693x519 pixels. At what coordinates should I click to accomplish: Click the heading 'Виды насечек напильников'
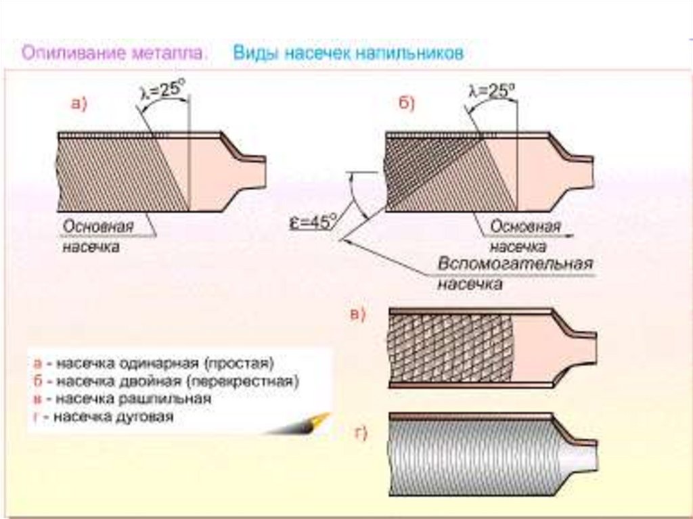pyautogui.click(x=349, y=53)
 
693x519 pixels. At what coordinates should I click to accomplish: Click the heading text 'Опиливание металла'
pyautogui.click(x=114, y=53)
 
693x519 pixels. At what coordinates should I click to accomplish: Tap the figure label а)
pyautogui.click(x=80, y=104)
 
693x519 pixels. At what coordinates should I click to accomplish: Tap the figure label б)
pyautogui.click(x=407, y=104)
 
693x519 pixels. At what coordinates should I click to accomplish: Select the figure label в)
pyautogui.click(x=358, y=315)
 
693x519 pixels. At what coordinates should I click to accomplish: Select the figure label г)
pyautogui.click(x=361, y=433)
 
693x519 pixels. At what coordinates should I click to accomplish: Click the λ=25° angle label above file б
pyautogui.click(x=492, y=91)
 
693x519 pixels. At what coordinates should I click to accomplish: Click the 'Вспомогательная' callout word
pyautogui.click(x=515, y=264)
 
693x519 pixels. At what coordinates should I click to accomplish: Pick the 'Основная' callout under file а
pyautogui.click(x=97, y=227)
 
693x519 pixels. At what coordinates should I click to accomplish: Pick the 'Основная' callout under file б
pyautogui.click(x=525, y=227)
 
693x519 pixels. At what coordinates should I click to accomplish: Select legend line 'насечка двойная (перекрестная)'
pyautogui.click(x=177, y=381)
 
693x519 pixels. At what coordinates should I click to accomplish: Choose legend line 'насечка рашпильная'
pyautogui.click(x=133, y=399)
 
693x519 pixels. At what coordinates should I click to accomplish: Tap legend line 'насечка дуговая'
pyautogui.click(x=114, y=416)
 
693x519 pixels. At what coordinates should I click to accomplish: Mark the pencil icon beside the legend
pyautogui.click(x=298, y=424)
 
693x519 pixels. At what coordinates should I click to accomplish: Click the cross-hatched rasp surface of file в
pyautogui.click(x=450, y=348)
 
